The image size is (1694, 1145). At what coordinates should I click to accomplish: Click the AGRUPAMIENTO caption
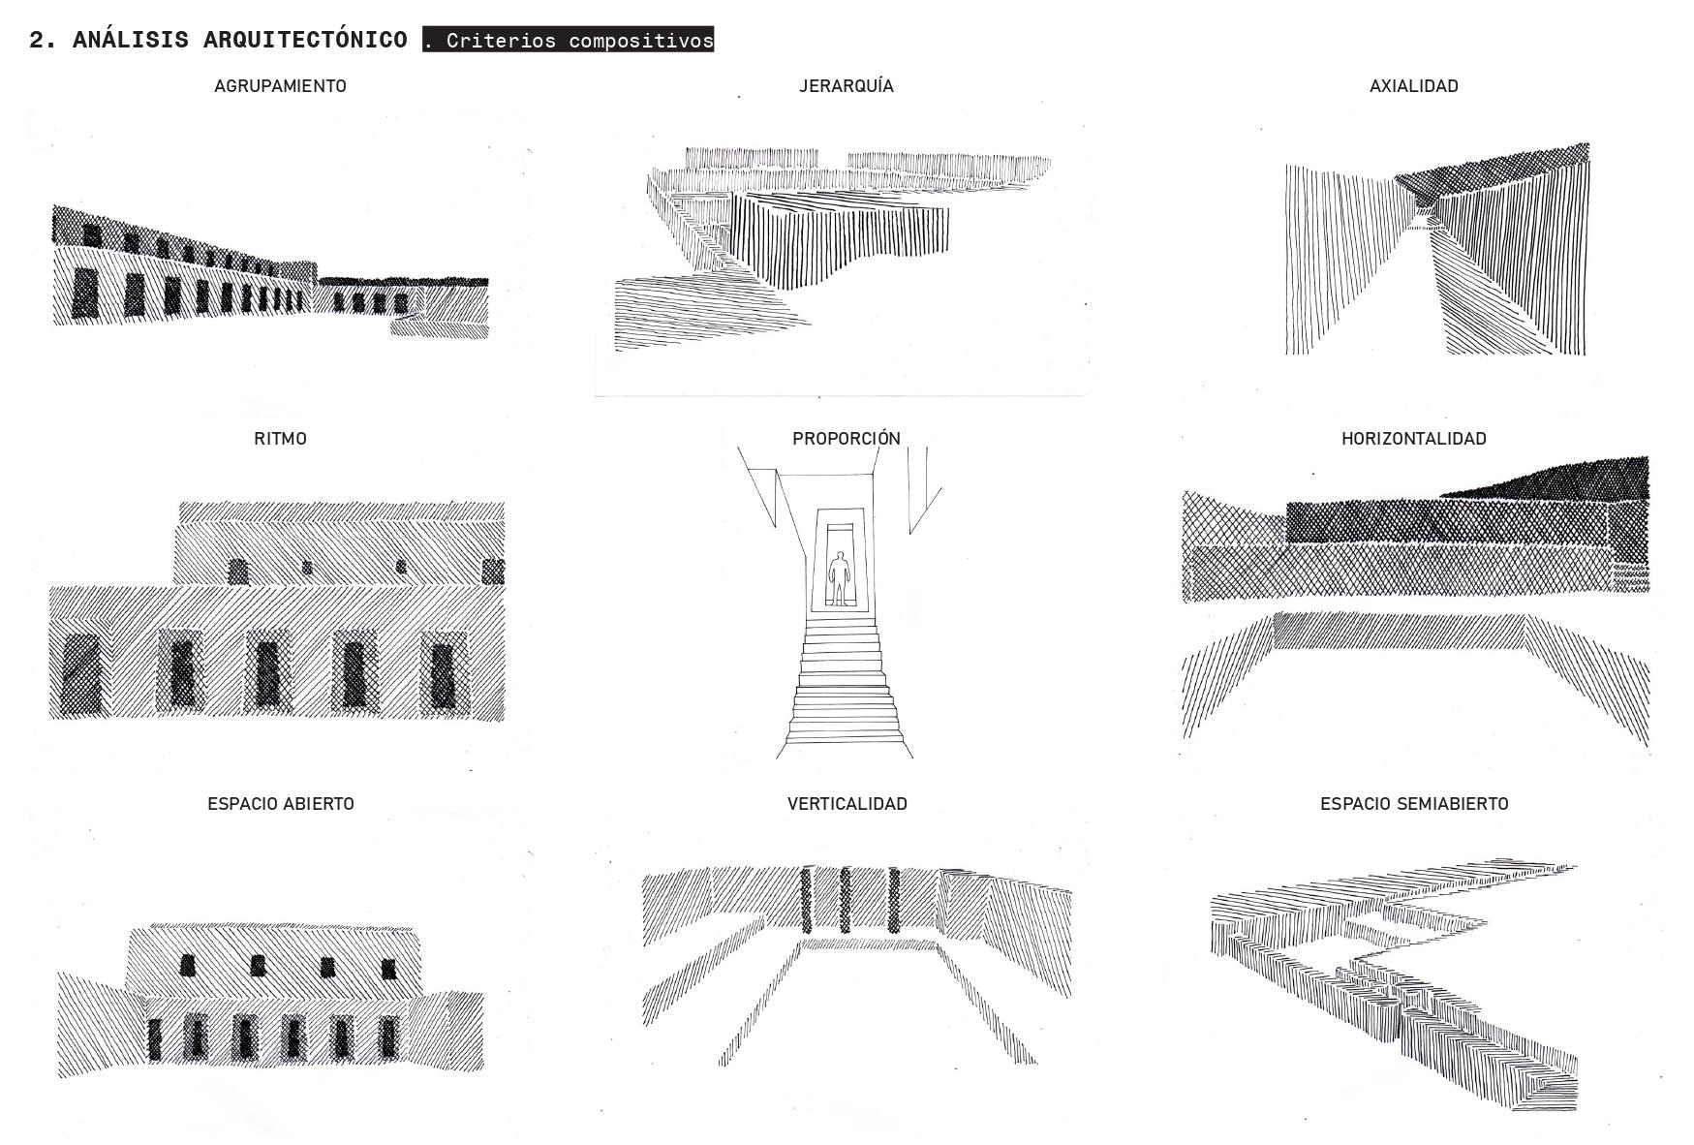pos(280,86)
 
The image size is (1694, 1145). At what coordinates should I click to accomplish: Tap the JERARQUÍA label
pos(846,86)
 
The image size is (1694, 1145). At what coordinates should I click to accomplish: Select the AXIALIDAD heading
pos(1413,86)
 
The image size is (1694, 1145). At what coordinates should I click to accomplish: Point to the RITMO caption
pos(280,439)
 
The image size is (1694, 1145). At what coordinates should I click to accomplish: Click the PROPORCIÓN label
pos(846,439)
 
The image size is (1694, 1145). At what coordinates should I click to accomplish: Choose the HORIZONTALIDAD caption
pos(1413,439)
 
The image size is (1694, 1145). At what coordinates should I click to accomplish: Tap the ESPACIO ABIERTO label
pos(280,804)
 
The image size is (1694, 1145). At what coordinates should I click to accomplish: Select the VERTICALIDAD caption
pos(847,804)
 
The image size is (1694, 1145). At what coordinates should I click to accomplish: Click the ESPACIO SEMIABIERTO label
pos(1413,804)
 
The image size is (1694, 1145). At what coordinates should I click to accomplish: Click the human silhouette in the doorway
pos(840,578)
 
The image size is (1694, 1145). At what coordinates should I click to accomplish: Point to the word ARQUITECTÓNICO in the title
pos(305,40)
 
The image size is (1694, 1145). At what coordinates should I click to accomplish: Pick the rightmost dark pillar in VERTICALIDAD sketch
pos(893,900)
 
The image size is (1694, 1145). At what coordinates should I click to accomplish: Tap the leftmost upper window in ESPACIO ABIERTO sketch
pos(187,965)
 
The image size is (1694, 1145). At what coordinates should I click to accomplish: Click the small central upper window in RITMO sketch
pos(307,568)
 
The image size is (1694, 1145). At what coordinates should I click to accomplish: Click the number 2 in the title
pos(37,40)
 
